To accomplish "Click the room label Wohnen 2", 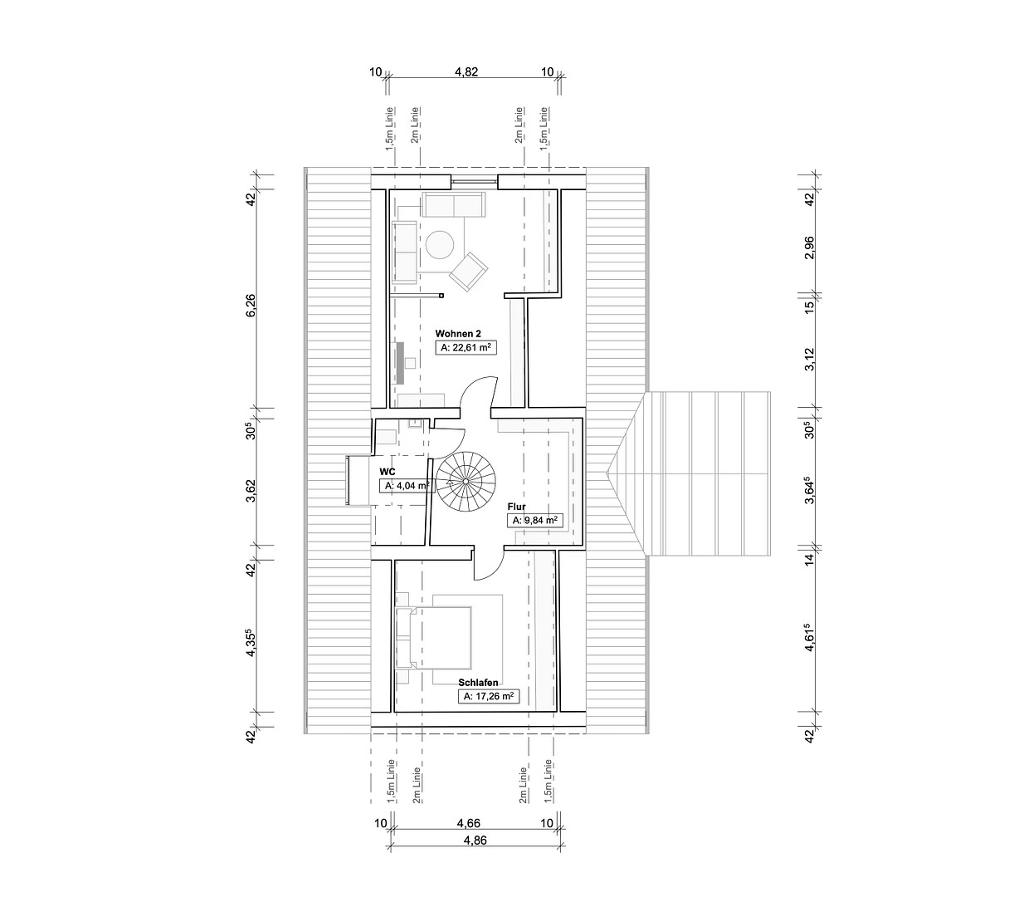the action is [x=458, y=334].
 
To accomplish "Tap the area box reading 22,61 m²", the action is [x=466, y=348].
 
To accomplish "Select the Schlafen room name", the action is [x=478, y=683].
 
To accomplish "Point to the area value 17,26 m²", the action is [x=489, y=697].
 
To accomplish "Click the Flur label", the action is [x=516, y=507].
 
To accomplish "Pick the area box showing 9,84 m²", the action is [x=534, y=521].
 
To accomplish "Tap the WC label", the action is [x=388, y=472].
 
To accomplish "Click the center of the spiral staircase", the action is [x=466, y=481].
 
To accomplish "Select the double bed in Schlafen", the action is [x=433, y=637].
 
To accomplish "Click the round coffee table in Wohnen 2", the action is [x=440, y=244].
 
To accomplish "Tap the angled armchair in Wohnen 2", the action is [x=469, y=272].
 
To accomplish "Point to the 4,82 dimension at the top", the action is [x=466, y=71].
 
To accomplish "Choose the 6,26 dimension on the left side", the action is [x=251, y=305].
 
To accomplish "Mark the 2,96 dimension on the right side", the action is [x=809, y=247].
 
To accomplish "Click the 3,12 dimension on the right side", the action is [x=809, y=360].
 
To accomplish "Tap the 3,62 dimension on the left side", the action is [x=251, y=491].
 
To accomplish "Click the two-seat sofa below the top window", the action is [x=453, y=204].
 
